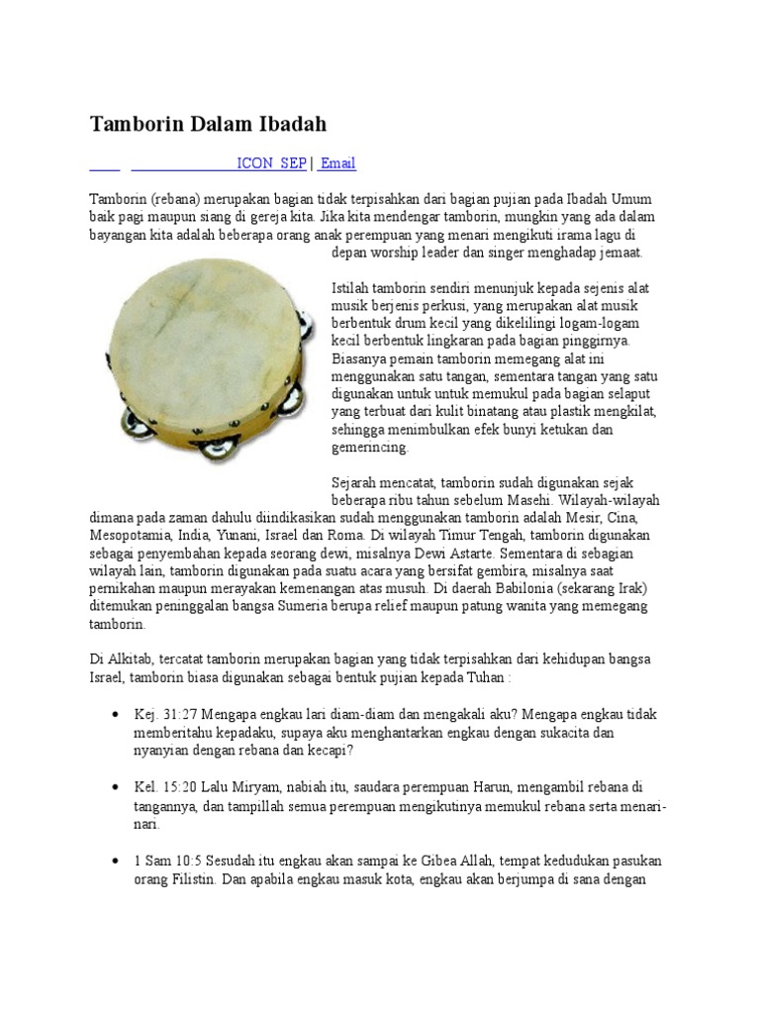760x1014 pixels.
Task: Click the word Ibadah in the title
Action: pyautogui.click(x=289, y=124)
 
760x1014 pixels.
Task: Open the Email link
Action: pyautogui.click(x=337, y=163)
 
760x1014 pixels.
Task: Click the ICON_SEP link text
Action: pyautogui.click(x=271, y=163)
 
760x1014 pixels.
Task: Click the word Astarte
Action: pyautogui.click(x=473, y=553)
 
